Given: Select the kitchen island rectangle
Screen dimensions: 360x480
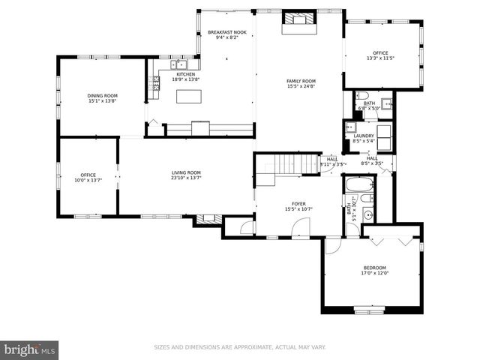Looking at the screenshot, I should click(x=190, y=96).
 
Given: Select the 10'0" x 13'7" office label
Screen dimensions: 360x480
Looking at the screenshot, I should click(x=88, y=178).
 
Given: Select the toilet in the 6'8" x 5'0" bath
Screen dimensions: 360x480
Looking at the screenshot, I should click(x=362, y=96).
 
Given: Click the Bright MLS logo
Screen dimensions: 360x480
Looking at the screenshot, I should click(x=29, y=349).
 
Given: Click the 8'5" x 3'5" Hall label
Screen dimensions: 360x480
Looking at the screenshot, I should click(x=372, y=160).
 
